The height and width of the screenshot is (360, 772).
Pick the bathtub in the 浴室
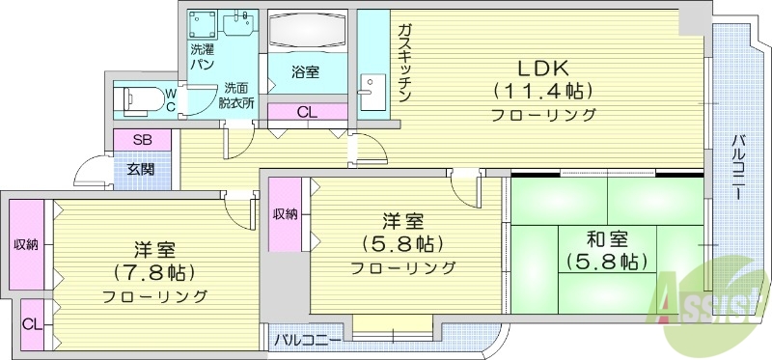coord(307,35)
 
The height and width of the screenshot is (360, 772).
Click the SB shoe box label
coord(143,140)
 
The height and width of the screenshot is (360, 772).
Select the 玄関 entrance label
coord(142,170)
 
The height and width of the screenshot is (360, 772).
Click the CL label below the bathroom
coord(307,112)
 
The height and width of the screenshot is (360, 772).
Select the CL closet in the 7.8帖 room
coord(31,320)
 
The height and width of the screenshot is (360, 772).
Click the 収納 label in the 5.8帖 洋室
coord(284,213)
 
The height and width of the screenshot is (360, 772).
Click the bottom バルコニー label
coord(307,340)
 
